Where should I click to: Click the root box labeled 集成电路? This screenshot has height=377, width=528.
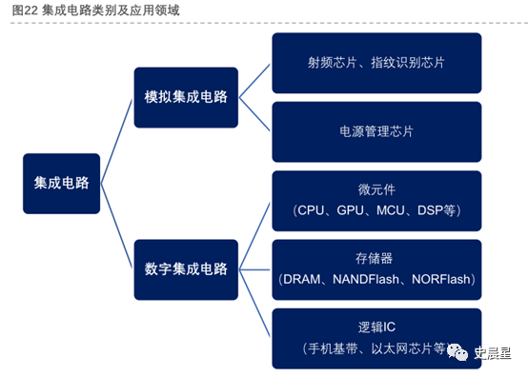tap(61, 184)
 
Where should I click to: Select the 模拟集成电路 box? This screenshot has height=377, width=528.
tap(186, 97)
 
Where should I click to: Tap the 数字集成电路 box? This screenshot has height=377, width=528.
tap(186, 269)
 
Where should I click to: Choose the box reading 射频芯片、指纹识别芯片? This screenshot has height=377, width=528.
tap(376, 63)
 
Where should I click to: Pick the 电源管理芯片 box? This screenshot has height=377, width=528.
tap(376, 131)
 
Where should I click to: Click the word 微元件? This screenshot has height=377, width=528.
tap(376, 190)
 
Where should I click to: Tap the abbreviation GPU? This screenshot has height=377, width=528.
tap(350, 210)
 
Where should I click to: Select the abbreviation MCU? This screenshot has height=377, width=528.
tap(390, 210)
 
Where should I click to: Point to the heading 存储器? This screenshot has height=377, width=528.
tap(375, 259)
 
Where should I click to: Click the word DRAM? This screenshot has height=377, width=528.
tap(302, 279)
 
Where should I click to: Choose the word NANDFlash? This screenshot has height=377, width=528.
tap(366, 279)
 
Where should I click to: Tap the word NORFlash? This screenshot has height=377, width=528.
tap(440, 279)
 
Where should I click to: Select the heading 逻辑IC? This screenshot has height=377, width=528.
tap(376, 327)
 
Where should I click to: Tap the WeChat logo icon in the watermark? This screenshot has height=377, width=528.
tap(457, 352)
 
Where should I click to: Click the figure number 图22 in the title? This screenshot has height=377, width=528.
tap(25, 10)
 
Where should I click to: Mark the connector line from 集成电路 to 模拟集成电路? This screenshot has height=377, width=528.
tap(116, 141)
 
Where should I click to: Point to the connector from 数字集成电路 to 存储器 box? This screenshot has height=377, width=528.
tap(254, 269)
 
